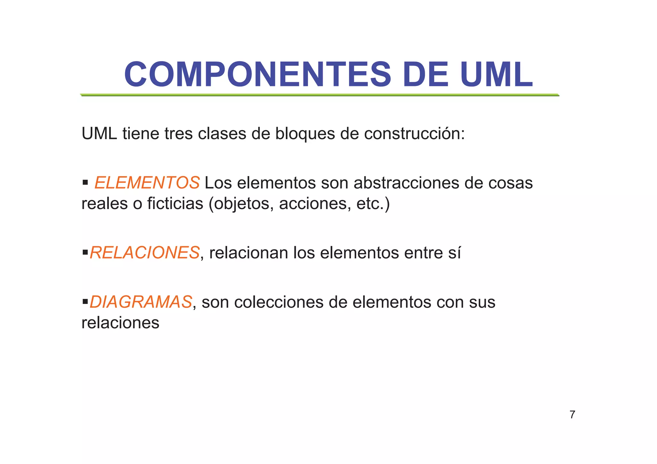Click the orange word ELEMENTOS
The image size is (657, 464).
click(147, 183)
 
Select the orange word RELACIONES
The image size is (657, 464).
click(145, 253)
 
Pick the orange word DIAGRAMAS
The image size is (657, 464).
click(141, 302)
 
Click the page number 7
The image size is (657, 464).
click(572, 415)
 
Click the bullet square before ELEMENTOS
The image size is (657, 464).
click(85, 183)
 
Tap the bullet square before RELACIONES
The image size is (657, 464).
click(85, 252)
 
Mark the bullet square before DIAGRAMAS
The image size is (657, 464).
click(85, 302)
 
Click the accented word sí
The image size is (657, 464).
click(455, 253)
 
